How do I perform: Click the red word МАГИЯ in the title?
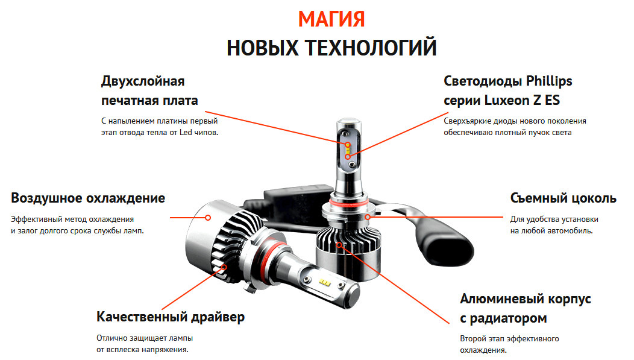(x=331, y=19)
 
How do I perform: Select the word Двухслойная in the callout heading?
(x=143, y=81)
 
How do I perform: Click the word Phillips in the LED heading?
(x=549, y=81)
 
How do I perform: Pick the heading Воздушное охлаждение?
(x=88, y=198)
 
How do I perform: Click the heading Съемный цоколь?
(x=563, y=198)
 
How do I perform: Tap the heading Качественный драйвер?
(x=171, y=317)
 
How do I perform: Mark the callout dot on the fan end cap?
(x=208, y=217)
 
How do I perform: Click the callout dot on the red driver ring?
(x=224, y=267)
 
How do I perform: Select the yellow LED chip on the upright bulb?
(x=348, y=145)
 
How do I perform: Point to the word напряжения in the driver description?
(x=168, y=350)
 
